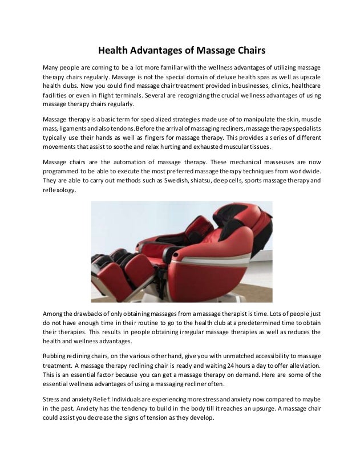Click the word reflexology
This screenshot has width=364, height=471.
click(x=59, y=192)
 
